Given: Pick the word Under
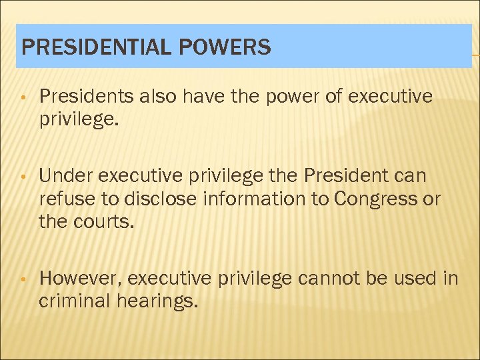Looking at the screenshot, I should point(65,177).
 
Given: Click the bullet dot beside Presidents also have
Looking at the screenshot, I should point(23,98).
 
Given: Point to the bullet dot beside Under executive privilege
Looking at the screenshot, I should point(23,177).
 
